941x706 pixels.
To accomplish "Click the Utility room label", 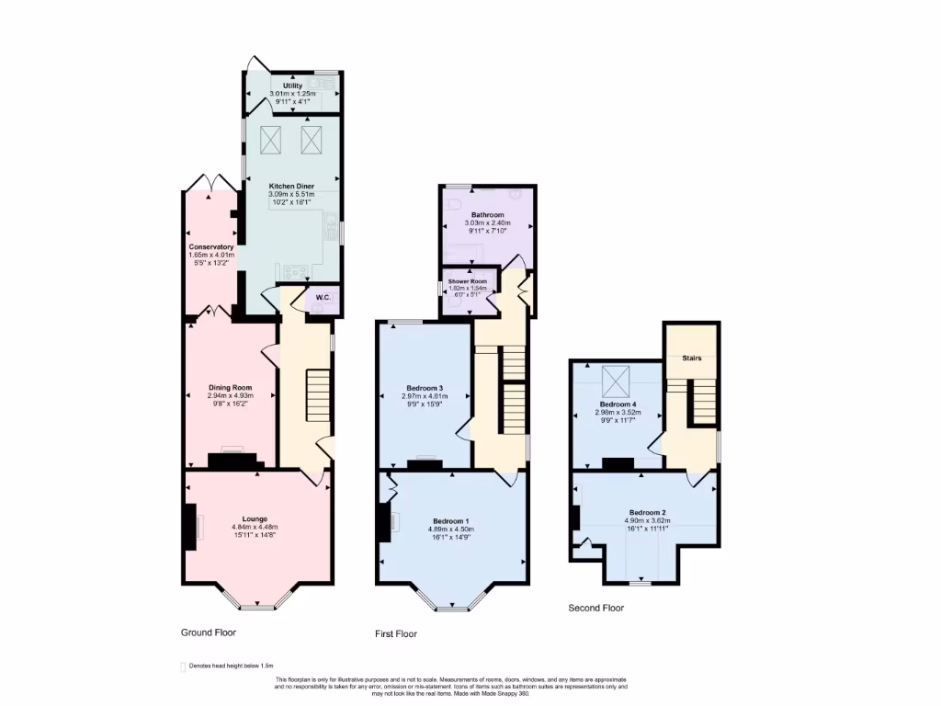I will [292, 85].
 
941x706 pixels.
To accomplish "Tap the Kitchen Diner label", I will [291, 186].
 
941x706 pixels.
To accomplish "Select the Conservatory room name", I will [211, 246].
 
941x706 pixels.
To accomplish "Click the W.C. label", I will [323, 297].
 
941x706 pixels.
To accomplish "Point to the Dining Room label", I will [230, 387].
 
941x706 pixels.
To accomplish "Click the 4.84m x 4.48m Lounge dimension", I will [255, 527].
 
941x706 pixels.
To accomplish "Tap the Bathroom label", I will [487, 214].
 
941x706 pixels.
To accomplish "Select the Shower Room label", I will [466, 280].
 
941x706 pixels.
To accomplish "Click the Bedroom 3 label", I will [425, 387].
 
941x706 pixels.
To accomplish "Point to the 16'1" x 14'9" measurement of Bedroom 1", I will [450, 537].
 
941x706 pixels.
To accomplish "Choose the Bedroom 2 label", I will [647, 512].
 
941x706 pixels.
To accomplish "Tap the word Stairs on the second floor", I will [692, 358].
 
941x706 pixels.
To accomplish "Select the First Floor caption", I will [396, 634].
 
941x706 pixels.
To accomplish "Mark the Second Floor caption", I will [595, 608].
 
